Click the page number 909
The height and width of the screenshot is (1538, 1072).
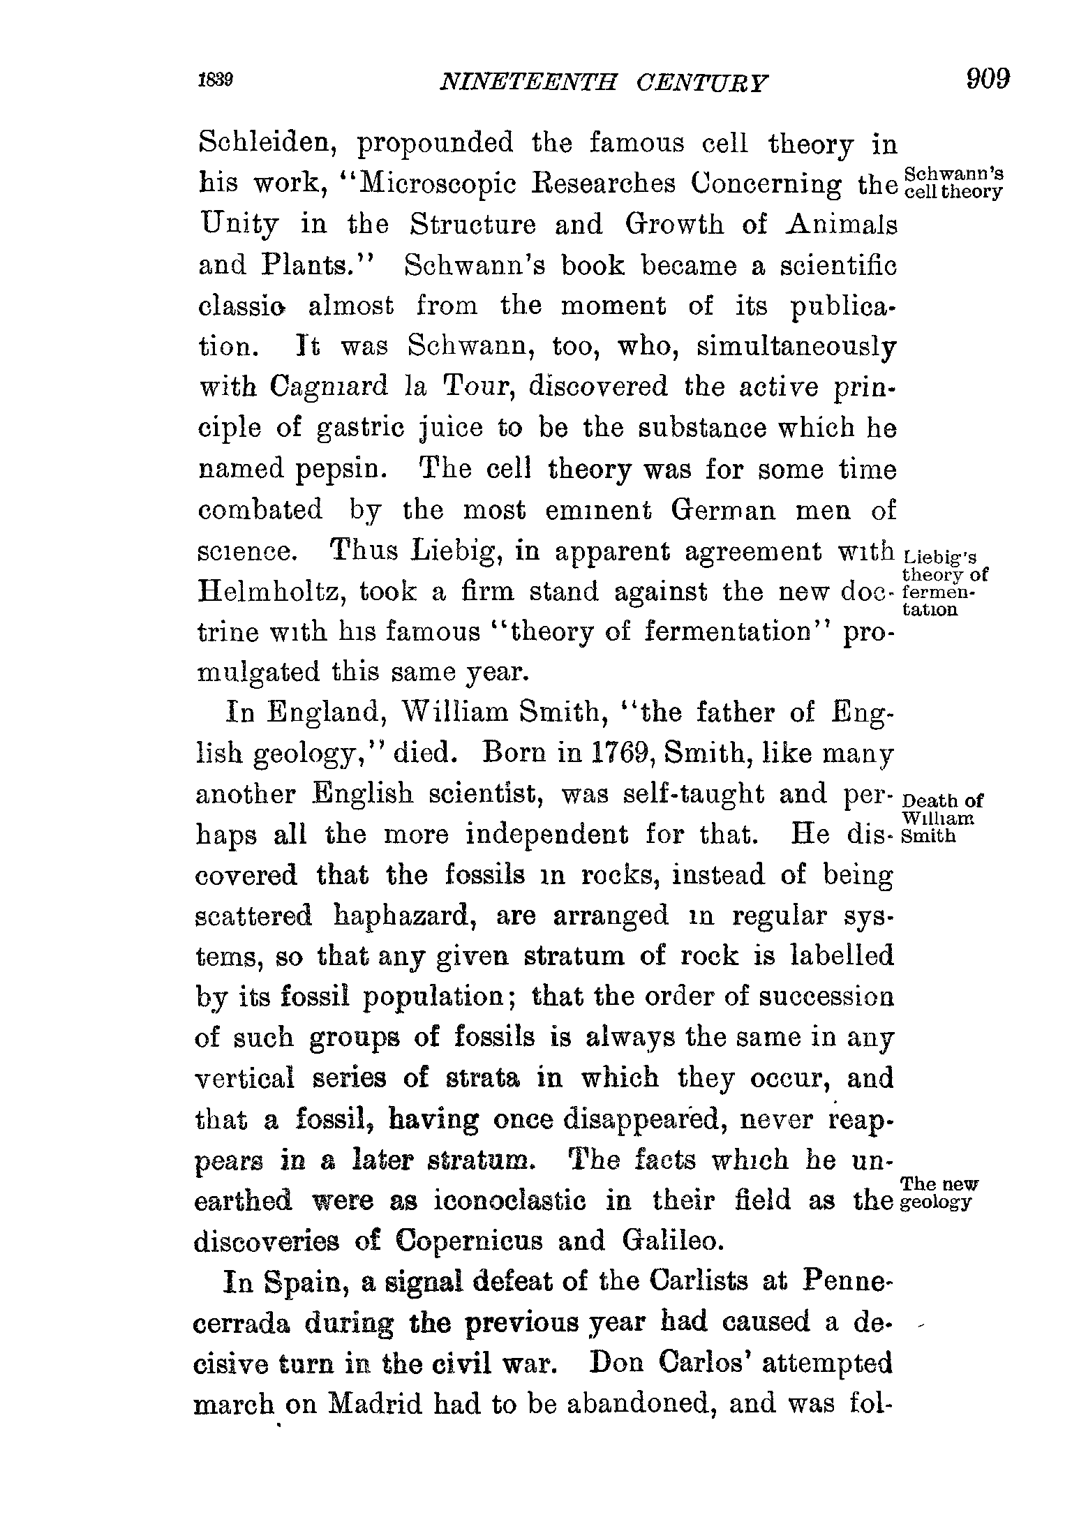(x=988, y=79)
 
